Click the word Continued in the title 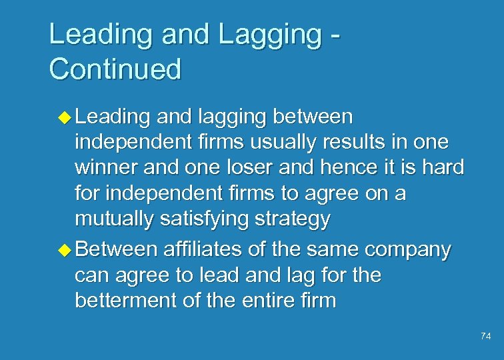pos(115,69)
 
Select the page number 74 pos(485,337)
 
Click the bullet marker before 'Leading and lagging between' pos(65,117)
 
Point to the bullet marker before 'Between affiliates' pos(65,250)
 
